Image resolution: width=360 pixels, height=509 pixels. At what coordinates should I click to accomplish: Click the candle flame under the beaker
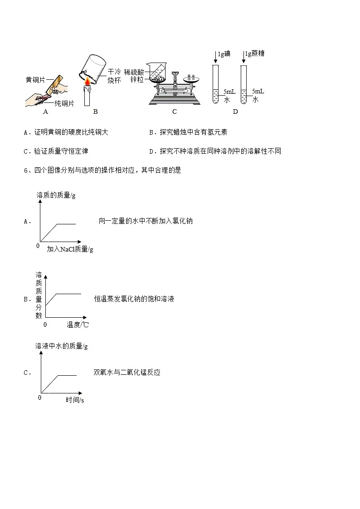click(x=86, y=82)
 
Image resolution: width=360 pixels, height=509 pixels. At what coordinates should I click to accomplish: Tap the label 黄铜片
click(x=35, y=80)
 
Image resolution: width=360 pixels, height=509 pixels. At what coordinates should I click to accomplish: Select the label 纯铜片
click(x=64, y=103)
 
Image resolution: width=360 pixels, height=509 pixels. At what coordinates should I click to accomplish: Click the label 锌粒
click(x=137, y=79)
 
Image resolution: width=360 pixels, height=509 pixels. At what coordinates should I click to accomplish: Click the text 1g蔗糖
click(x=254, y=53)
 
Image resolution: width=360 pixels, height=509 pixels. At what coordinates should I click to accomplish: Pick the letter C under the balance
click(x=175, y=111)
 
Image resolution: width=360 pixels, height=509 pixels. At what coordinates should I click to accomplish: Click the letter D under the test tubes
click(x=235, y=111)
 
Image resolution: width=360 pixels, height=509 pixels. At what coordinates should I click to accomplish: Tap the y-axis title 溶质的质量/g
click(x=56, y=195)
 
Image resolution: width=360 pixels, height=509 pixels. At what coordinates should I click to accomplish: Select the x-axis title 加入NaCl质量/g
click(x=70, y=249)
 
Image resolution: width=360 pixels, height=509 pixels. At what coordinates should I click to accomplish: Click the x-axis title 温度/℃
click(x=78, y=325)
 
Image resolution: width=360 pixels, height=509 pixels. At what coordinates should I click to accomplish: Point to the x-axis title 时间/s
click(x=75, y=400)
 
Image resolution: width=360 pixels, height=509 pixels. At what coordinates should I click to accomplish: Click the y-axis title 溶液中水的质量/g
click(x=62, y=346)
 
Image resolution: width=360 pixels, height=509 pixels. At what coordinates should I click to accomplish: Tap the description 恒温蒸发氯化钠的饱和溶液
click(x=134, y=299)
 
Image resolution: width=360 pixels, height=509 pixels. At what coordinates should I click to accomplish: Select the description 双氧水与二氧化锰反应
click(x=127, y=373)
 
